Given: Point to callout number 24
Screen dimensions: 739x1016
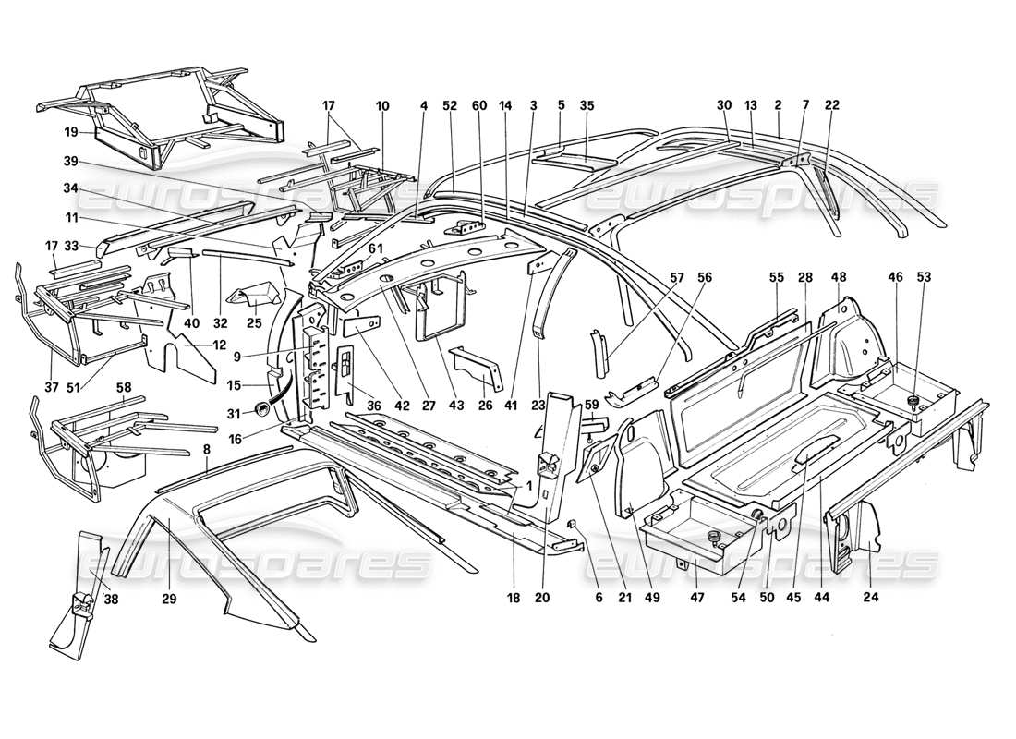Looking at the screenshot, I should coord(871,599).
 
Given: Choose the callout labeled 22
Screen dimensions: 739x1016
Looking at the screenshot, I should coord(832,105).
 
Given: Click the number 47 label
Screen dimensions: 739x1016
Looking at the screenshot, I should coord(698,599).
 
